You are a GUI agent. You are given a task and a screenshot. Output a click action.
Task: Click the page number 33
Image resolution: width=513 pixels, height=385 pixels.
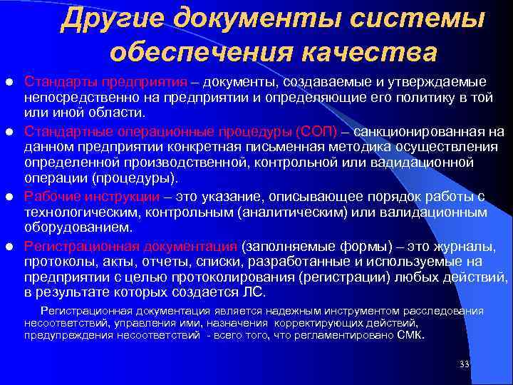pyautogui.click(x=465, y=364)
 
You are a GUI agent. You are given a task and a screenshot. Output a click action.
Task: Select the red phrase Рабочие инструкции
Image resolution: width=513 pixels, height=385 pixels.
pyautogui.click(x=91, y=195)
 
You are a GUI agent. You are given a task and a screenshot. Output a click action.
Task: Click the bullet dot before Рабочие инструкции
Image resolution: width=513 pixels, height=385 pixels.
pyautogui.click(x=9, y=196)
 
